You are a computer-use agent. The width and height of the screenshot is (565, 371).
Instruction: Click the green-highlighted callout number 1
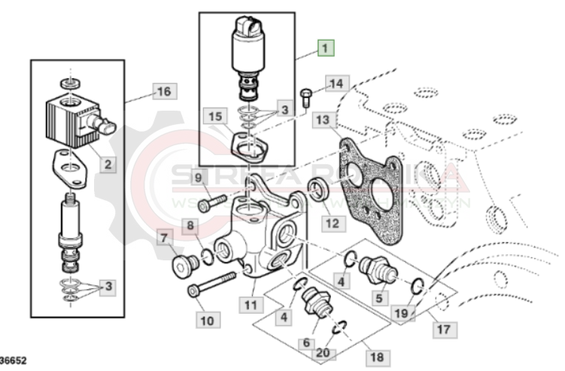(325, 49)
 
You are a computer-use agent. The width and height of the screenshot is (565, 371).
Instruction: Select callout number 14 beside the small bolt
(336, 83)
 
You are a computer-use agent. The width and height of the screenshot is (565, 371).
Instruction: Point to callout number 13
(322, 120)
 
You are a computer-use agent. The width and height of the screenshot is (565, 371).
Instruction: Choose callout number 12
(332, 223)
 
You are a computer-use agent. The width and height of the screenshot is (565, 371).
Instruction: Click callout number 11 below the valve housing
(251, 305)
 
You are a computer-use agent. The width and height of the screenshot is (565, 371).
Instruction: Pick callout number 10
(206, 319)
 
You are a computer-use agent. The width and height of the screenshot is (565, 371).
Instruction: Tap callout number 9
(199, 178)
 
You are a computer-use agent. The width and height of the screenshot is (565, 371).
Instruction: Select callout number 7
(163, 238)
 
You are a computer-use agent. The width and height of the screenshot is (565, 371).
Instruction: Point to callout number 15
(216, 117)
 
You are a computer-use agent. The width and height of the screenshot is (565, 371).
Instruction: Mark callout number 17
(443, 328)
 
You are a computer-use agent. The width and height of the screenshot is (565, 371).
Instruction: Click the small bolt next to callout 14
(305, 96)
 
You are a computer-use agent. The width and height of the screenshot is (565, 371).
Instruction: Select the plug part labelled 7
(182, 265)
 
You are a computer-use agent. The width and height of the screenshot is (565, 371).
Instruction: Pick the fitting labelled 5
(373, 267)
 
